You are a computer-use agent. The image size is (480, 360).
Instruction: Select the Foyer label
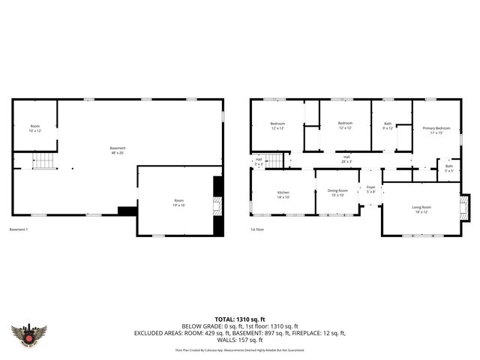coord(370,190)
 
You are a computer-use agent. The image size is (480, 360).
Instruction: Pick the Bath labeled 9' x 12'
coord(388,125)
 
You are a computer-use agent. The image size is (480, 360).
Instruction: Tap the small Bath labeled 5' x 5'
coord(448,168)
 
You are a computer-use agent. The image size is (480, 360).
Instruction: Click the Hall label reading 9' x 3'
coord(259,160)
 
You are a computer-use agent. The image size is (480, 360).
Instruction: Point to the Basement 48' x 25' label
coord(118,150)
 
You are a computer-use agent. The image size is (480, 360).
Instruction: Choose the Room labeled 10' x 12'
coord(35,128)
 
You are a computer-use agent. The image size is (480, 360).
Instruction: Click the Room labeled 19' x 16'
coord(179,202)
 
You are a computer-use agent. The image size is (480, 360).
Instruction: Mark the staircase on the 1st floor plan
coord(279,160)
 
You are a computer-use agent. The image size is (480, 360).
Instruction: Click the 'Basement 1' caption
coord(19,229)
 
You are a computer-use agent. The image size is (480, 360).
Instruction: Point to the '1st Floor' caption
coord(259,229)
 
